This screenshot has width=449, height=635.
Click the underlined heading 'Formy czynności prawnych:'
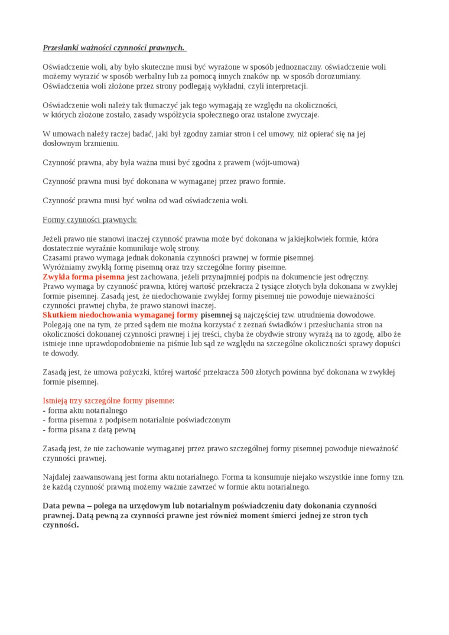[90, 220]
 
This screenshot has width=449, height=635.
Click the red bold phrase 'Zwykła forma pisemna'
[83, 276]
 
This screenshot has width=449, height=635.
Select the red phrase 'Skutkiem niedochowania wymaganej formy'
[121, 315]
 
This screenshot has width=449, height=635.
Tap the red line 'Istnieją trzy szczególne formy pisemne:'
[109, 400]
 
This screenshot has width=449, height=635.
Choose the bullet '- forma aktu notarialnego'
[85, 410]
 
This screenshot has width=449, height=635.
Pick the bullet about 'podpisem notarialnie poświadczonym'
[136, 419]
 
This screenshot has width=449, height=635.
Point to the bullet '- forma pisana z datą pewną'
[89, 429]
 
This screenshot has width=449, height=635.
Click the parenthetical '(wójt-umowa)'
[276, 162]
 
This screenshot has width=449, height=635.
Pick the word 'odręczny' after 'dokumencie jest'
[352, 276]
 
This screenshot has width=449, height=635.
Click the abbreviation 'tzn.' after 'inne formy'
[396, 477]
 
